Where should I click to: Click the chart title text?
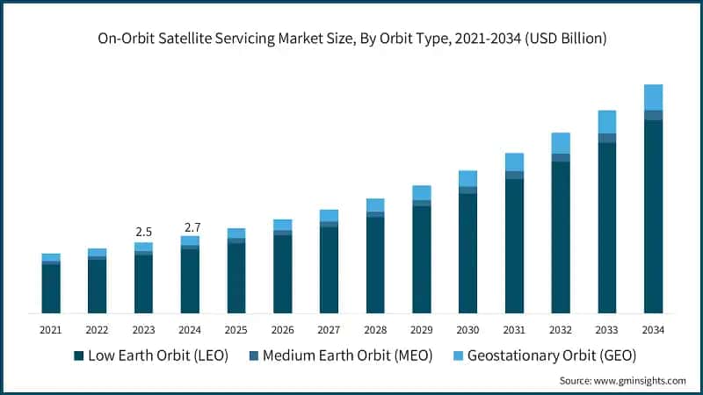(x=351, y=39)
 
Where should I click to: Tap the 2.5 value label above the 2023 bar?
(x=143, y=232)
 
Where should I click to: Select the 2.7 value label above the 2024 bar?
(x=190, y=227)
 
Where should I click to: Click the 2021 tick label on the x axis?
(x=50, y=329)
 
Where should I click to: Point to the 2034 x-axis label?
(x=653, y=329)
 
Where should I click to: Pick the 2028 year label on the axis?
(x=375, y=329)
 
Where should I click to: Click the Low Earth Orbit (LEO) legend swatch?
(x=79, y=355)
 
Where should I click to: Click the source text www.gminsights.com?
(x=622, y=381)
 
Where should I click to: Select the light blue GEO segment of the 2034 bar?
(x=653, y=97)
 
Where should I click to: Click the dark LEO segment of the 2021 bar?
(x=51, y=289)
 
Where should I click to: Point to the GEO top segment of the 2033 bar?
(x=607, y=122)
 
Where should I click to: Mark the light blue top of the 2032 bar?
(x=561, y=143)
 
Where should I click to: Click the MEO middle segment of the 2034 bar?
(x=653, y=115)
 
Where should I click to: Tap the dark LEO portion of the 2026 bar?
(x=282, y=274)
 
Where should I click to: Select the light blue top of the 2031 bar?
(x=514, y=162)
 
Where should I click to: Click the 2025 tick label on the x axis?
(x=236, y=329)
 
